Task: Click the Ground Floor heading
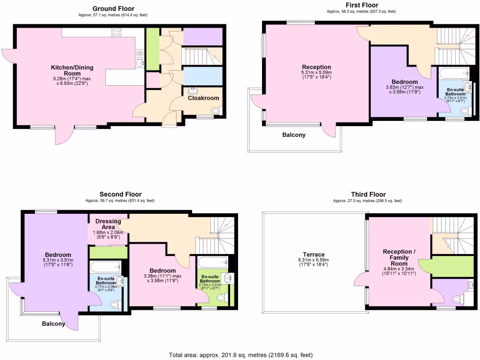click(x=113, y=8)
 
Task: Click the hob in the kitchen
click(x=117, y=32)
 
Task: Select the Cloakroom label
click(x=203, y=98)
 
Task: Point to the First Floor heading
click(x=359, y=5)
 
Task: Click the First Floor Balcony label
click(x=294, y=135)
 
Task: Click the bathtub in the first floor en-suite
click(x=454, y=73)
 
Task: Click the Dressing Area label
click(x=108, y=224)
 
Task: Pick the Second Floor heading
click(x=120, y=194)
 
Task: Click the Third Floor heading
click(x=368, y=194)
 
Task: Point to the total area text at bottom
click(x=240, y=355)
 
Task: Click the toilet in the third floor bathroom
click(x=456, y=299)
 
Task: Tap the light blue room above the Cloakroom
click(x=202, y=76)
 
